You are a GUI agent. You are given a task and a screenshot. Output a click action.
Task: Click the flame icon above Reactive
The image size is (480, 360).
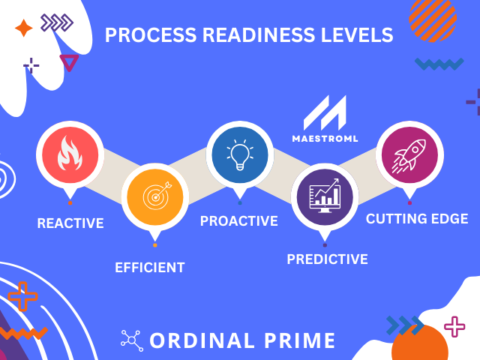point(70,154)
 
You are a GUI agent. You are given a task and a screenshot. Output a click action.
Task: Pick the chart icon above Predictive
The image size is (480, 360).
point(325,198)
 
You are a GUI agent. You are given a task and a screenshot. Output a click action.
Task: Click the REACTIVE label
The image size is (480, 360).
point(70,223)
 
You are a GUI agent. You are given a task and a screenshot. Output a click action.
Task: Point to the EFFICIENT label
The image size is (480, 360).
point(150,267)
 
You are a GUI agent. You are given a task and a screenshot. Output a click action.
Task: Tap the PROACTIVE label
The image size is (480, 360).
point(238,221)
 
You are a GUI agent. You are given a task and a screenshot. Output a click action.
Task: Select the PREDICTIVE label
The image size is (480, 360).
point(327,259)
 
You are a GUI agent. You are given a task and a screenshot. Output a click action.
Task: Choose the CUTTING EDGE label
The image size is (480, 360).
point(417,219)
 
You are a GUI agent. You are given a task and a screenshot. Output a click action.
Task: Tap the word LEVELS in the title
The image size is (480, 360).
point(355,35)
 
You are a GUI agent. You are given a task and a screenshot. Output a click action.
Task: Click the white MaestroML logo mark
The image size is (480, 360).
point(325,113)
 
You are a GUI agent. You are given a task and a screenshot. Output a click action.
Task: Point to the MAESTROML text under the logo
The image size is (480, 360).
point(325,139)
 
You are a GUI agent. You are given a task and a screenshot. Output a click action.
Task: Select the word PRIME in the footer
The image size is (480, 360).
point(298,340)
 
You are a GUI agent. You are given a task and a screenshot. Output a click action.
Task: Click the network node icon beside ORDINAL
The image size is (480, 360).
point(131,340)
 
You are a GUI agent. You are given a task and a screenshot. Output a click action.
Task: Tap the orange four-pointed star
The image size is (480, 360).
point(23,28)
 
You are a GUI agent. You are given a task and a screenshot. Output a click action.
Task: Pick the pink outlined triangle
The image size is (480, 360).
point(69,62)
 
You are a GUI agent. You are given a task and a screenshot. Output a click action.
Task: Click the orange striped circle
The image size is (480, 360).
point(433,18)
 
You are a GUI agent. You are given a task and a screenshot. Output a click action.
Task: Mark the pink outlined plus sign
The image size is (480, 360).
point(454,327)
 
